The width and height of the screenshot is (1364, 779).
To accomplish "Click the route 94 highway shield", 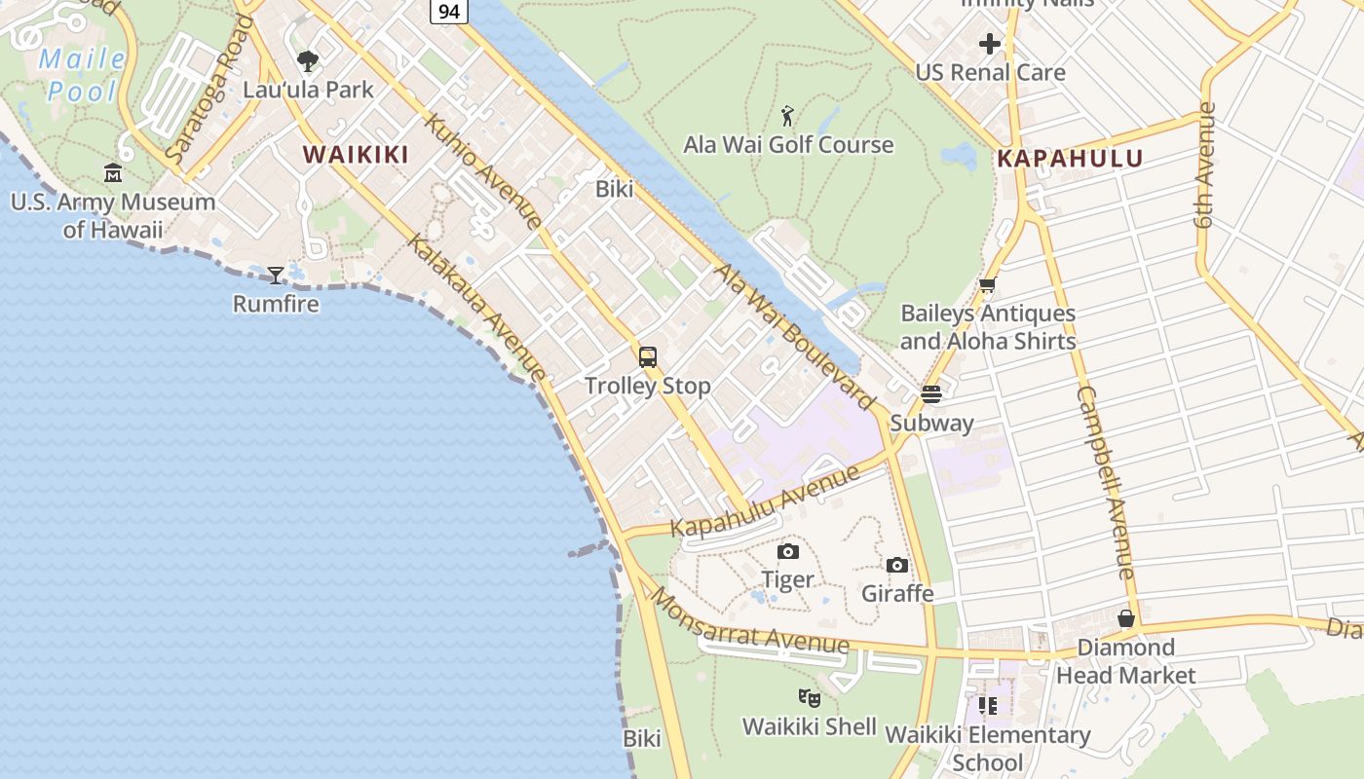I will [448, 11].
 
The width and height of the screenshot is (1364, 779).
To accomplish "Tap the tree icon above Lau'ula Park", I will [308, 61].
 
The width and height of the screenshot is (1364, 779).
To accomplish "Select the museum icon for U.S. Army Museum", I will [113, 173].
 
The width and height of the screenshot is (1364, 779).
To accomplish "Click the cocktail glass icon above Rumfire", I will [276, 275].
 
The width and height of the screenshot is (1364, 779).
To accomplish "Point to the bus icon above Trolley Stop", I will [648, 356].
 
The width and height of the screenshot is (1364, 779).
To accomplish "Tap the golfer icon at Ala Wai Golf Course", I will [787, 116].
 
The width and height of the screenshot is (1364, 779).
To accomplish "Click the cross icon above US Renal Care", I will [990, 44].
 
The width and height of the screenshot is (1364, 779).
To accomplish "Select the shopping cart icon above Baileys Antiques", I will [987, 285].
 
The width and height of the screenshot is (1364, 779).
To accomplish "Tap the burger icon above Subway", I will [931, 394].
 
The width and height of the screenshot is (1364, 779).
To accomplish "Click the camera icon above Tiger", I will [788, 552].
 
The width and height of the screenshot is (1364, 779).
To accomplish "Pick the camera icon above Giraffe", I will [897, 565].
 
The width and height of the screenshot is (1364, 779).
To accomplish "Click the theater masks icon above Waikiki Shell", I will [809, 698].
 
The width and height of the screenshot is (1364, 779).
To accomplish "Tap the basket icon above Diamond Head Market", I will [1126, 618].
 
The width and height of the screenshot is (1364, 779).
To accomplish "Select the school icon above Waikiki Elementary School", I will [987, 706].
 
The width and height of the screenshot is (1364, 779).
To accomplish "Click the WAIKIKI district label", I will [355, 154].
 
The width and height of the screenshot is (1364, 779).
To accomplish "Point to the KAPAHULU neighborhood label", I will [1070, 158].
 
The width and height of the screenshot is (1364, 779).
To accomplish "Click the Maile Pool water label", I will [83, 75].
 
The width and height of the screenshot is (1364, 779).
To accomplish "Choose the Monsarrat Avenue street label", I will [749, 623].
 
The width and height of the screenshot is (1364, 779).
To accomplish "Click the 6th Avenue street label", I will [1206, 166].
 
